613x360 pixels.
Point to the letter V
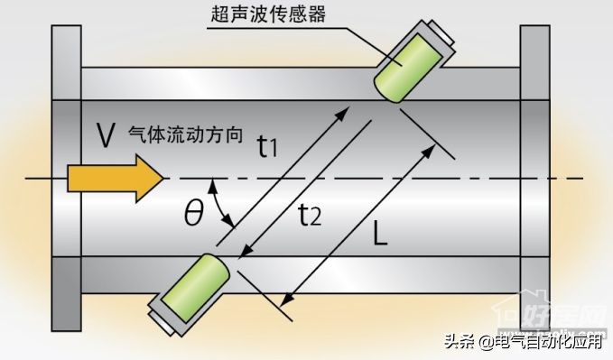105,135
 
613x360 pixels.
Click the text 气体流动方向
186,133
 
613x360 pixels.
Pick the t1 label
268,144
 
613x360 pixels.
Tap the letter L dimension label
380,237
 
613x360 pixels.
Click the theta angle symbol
193,213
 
